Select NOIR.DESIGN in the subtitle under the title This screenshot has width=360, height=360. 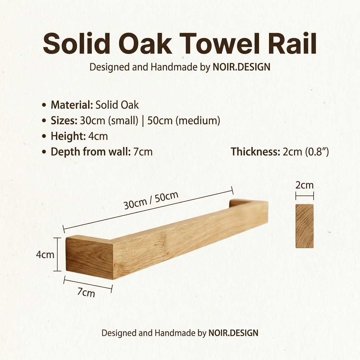[241, 67]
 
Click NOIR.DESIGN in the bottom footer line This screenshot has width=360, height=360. [233, 333]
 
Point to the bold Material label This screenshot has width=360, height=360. [72, 105]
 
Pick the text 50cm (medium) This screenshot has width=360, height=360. [184, 121]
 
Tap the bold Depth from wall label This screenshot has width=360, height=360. [91, 152]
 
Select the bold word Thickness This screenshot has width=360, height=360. [255, 152]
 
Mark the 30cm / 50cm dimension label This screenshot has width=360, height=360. [151, 200]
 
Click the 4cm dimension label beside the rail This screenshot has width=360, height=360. [45, 255]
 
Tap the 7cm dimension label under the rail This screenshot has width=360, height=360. [86, 292]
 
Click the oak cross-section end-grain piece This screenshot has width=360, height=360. [304, 226]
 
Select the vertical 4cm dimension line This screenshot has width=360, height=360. [57, 254]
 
